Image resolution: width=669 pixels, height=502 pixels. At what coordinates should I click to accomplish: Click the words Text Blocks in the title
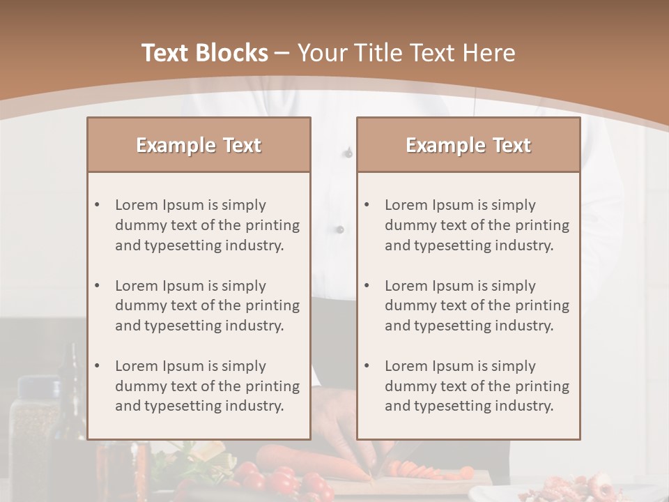[204, 53]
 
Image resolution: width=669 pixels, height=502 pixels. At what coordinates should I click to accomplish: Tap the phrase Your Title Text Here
[406, 53]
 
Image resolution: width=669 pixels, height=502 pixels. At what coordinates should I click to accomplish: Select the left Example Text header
[199, 145]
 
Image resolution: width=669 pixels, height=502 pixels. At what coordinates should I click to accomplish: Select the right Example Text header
[468, 145]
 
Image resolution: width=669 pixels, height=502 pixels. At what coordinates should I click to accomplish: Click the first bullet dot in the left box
[97, 205]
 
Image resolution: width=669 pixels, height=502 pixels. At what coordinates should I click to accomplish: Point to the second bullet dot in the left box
[97, 286]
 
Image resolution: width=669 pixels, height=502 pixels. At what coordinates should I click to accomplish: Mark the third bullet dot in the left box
[97, 366]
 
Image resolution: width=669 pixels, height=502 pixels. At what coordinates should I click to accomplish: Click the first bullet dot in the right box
[367, 205]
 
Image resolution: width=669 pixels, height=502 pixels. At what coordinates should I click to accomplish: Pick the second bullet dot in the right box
[367, 286]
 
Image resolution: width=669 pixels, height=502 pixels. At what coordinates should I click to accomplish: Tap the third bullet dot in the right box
[367, 366]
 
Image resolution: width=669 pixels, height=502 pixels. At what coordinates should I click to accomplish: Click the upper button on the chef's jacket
[348, 152]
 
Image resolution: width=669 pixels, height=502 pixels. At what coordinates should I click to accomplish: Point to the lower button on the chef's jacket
[340, 229]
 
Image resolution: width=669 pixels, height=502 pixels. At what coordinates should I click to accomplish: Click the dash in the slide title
[282, 53]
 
